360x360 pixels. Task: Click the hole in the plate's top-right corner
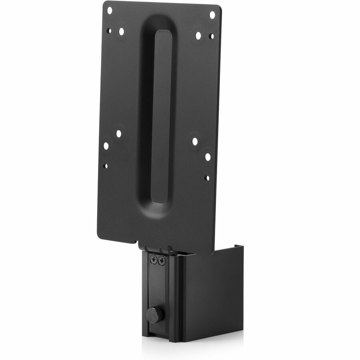212,14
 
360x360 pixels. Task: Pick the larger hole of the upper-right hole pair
198,35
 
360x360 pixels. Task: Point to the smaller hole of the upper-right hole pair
211,36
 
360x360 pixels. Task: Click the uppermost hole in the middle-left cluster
118,134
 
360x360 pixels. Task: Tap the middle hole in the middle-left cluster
106,146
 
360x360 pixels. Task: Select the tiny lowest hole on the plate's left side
105,165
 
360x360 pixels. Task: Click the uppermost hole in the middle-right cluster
195,141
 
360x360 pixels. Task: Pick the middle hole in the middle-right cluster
208,157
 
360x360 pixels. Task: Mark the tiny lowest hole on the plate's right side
207,178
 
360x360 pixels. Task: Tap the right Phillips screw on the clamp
162,261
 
